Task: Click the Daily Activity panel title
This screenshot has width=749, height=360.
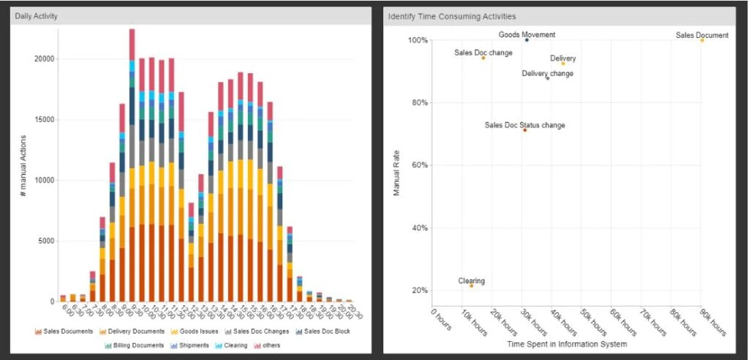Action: (x=37, y=15)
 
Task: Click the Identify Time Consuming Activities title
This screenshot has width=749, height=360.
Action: (x=451, y=15)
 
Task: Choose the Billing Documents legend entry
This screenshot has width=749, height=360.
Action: (x=138, y=345)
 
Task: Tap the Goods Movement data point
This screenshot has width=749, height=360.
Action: (x=527, y=40)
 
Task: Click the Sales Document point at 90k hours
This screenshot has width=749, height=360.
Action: (x=701, y=40)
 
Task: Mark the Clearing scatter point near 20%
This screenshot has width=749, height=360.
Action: (x=472, y=285)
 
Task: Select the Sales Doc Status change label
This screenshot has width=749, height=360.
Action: (x=524, y=125)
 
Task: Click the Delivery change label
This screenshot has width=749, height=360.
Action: (x=547, y=73)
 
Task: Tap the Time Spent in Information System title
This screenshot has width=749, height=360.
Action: (x=566, y=344)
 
